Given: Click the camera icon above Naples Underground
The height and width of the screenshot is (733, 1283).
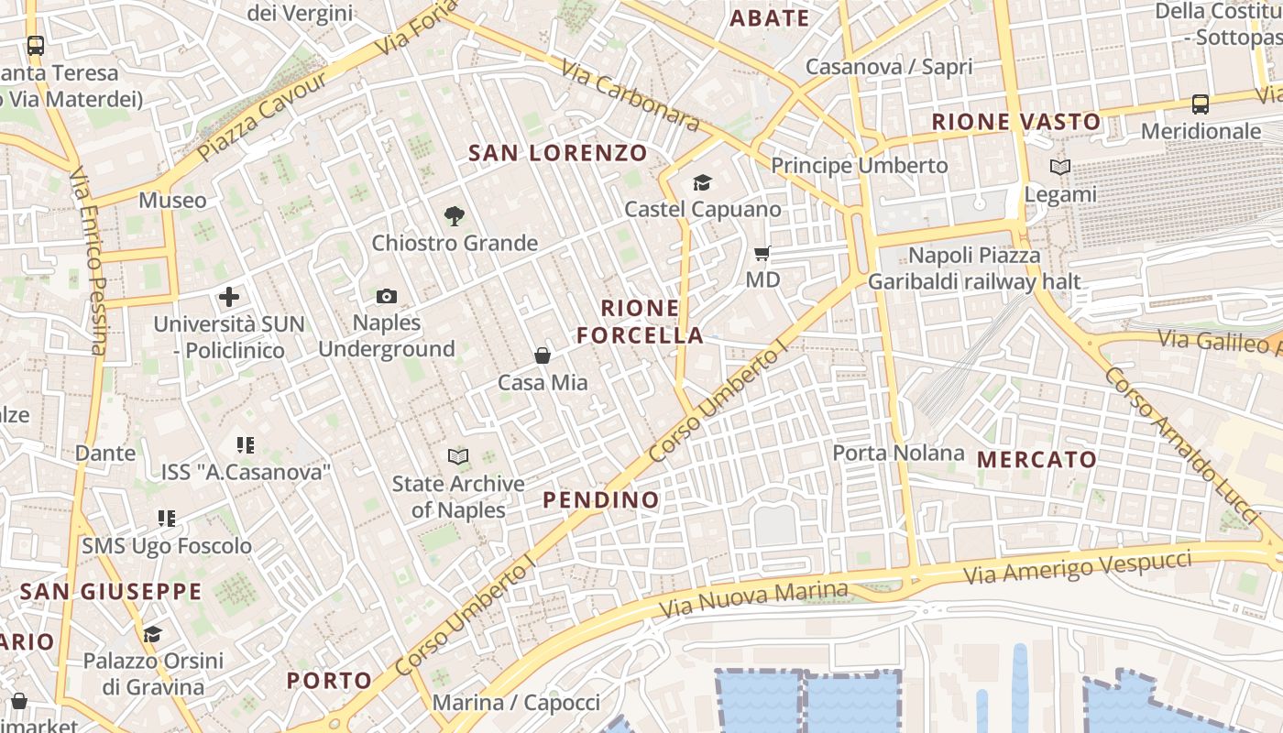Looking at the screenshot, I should (x=387, y=296).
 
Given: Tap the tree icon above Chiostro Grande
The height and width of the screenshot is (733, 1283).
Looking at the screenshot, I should (x=454, y=216).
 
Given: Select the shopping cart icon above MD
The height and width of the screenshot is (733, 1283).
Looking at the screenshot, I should (x=762, y=253).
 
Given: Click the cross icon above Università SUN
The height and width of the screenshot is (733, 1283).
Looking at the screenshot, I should (x=229, y=297).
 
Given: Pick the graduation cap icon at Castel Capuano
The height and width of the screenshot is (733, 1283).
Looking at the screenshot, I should (x=702, y=182).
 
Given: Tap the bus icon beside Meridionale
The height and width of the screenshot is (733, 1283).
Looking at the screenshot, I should (x=1201, y=104).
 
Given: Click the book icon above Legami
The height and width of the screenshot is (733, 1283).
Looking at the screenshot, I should (x=1060, y=168).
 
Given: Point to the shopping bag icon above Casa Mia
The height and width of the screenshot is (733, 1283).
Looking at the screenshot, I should (x=543, y=356).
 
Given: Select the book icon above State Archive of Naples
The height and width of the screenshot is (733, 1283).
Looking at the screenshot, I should (x=458, y=456).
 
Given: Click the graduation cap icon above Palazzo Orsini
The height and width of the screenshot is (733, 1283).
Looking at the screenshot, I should (x=152, y=634).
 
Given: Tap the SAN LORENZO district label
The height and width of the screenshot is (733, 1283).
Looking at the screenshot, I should (x=558, y=153).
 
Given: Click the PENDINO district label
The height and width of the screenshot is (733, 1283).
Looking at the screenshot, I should (x=601, y=499).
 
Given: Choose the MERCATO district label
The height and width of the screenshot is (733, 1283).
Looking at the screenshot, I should (x=1037, y=459).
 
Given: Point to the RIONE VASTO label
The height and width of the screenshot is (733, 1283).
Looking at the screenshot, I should (x=1016, y=122).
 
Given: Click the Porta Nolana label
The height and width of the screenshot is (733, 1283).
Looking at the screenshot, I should (x=898, y=453).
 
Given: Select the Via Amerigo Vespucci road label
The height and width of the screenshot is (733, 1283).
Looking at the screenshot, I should (x=1078, y=568).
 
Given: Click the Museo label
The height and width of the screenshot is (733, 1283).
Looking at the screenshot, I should (x=172, y=200).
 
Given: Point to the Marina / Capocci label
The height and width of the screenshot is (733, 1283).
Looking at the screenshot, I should (x=516, y=703).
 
